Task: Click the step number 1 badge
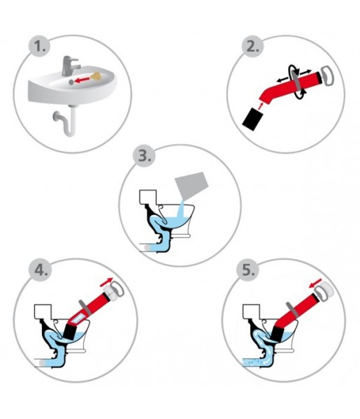pyautogui.click(x=40, y=47)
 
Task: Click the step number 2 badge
pyautogui.click(x=253, y=47)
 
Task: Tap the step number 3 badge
pyautogui.click(x=144, y=156)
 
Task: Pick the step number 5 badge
pyautogui.click(x=247, y=270)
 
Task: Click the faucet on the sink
pyautogui.click(x=70, y=66)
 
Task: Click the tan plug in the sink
pyautogui.click(x=96, y=75)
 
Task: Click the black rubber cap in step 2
pyautogui.click(x=253, y=119)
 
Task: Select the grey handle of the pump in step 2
pyautogui.click(x=327, y=75)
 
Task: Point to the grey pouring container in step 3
pyautogui.click(x=191, y=185)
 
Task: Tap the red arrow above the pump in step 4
pyautogui.click(x=106, y=282)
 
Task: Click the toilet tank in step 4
pyautogui.click(x=43, y=311)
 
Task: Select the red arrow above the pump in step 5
pyautogui.click(x=315, y=284)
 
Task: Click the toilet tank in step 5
pyautogui.click(x=252, y=311)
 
